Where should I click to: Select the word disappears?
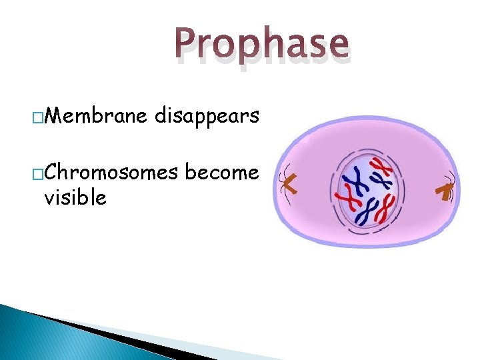pos(207,117)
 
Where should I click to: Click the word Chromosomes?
pos(112,173)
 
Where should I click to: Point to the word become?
pos(221,173)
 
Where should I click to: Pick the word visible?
pos(75,197)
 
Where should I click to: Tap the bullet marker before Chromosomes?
pos(38,175)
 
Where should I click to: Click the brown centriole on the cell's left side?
pos(289,183)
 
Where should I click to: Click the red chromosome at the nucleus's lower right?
pos(384,209)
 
